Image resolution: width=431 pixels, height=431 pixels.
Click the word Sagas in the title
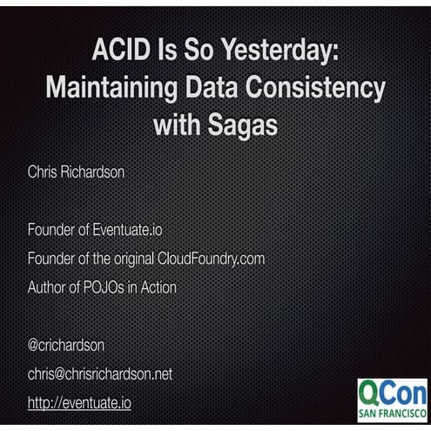click(x=246, y=124)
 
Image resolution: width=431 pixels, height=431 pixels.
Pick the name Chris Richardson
click(x=77, y=172)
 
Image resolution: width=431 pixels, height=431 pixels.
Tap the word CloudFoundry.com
click(x=212, y=259)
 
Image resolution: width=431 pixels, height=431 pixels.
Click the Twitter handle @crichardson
click(x=66, y=345)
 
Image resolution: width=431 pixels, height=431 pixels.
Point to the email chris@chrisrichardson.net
click(x=100, y=374)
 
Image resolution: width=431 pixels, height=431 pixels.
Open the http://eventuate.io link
click(x=79, y=402)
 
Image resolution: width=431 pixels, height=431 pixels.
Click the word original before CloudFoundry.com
click(x=131, y=259)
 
